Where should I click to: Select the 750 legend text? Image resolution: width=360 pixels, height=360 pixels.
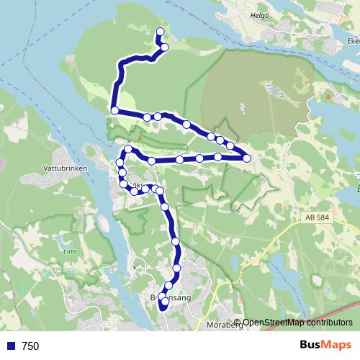coord(30,346)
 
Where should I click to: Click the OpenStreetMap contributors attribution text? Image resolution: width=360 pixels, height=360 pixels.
coord(297,323)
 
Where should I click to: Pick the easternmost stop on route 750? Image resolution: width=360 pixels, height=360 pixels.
coord(247,158)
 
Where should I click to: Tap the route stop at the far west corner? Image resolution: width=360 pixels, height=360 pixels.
coord(115,110)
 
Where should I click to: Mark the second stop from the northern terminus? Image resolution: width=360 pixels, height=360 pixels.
coord(165,48)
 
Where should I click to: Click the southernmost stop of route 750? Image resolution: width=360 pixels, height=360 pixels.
coord(163,305)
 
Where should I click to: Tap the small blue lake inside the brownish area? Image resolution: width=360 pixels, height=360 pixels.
coord(273,90)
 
